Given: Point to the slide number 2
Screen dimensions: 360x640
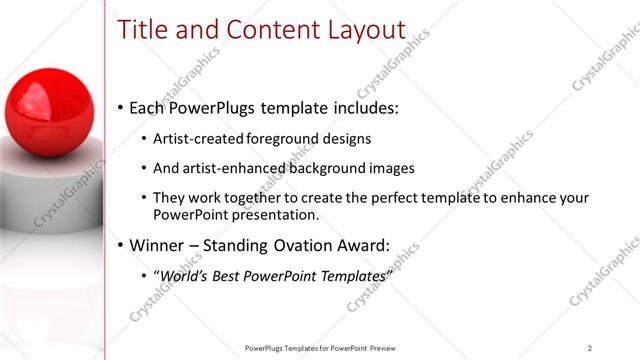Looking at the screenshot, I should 590,347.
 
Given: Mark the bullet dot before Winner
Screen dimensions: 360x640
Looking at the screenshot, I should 121,244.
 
